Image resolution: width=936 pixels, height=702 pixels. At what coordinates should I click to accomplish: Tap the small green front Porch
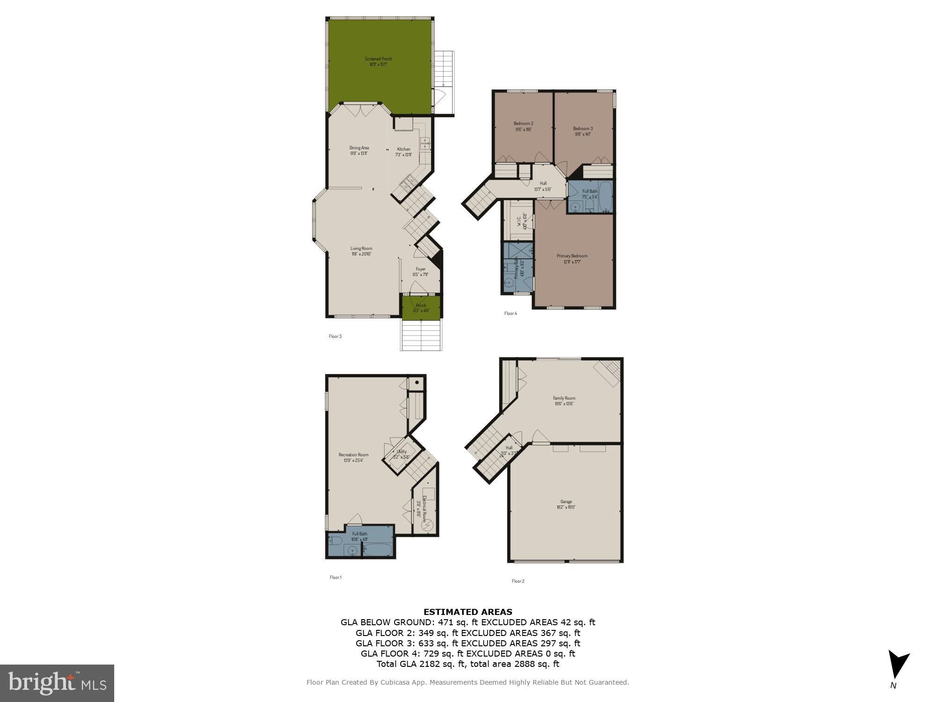pyautogui.click(x=421, y=307)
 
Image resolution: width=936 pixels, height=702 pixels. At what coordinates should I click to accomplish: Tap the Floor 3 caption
pyautogui.click(x=335, y=336)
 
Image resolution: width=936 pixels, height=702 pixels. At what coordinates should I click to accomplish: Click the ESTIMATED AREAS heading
pyautogui.click(x=468, y=612)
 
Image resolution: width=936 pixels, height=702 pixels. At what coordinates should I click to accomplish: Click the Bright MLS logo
pyautogui.click(x=57, y=683)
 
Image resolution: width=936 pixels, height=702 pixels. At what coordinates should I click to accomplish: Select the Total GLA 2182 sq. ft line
pyautogui.click(x=468, y=664)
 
